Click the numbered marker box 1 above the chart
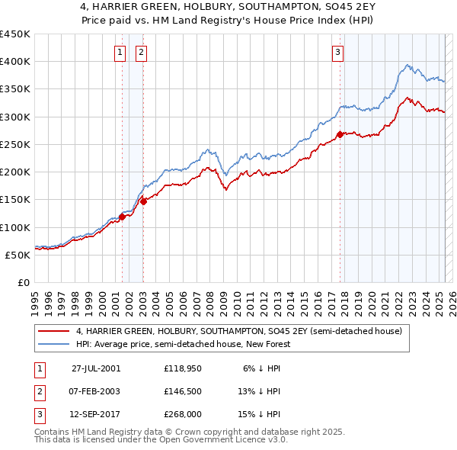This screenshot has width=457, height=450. tap(120, 53)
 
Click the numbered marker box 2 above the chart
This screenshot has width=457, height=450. tap(142, 53)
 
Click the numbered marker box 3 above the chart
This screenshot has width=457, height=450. tap(337, 53)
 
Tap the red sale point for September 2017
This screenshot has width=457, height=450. tap(340, 135)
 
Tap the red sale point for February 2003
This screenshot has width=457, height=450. tap(143, 201)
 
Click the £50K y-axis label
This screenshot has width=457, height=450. tap(18, 255)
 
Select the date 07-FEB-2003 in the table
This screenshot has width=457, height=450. tap(95, 391)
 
